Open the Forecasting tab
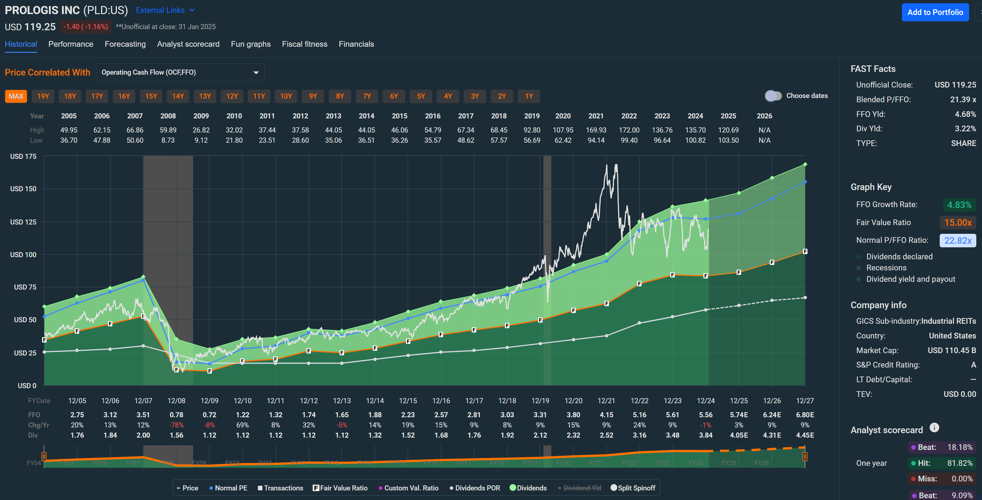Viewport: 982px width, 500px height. (x=125, y=44)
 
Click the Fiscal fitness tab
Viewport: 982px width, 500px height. (x=304, y=44)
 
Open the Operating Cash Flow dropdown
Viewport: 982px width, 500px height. (x=180, y=73)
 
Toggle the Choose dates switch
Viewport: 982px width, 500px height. (x=773, y=96)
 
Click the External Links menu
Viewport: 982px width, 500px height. (x=165, y=10)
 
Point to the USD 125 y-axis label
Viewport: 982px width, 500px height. (x=23, y=222)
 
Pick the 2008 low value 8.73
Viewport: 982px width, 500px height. (x=168, y=140)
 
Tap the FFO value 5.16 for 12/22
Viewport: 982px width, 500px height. (x=639, y=415)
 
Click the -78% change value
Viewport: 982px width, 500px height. (x=176, y=425)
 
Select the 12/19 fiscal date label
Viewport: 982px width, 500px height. (x=540, y=400)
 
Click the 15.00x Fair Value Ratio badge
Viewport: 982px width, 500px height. (x=958, y=222)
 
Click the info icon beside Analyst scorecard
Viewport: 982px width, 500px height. (x=934, y=427)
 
